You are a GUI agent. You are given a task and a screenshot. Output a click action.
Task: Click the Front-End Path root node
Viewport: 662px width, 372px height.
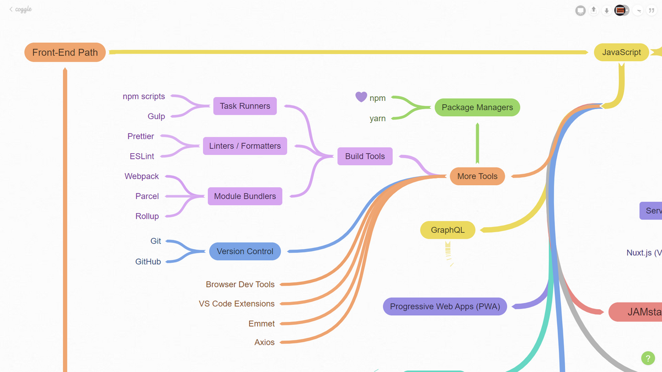pos(65,52)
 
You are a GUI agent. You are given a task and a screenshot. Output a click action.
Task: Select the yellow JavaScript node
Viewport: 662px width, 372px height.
pos(621,52)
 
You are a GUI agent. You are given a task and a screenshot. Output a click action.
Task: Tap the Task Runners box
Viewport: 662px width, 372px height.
pos(245,106)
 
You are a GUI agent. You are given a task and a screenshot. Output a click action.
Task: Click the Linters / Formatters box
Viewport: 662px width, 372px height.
pos(245,146)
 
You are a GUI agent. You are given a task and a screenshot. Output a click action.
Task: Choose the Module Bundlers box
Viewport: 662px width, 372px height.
pos(245,196)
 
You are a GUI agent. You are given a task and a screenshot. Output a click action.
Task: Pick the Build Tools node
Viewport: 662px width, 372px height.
pos(365,156)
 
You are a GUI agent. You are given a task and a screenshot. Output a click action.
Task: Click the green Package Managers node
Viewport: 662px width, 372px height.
pos(477,107)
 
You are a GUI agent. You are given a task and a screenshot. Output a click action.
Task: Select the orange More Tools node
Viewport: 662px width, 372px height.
pos(477,176)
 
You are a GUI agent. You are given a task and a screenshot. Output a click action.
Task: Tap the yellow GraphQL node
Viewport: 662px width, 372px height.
pos(447,230)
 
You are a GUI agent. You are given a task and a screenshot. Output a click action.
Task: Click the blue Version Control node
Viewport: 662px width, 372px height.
pos(245,251)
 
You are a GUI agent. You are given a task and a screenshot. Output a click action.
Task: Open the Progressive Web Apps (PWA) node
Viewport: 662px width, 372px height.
pos(445,306)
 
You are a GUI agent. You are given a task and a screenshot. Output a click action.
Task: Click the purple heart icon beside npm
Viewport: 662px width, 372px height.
pos(361,97)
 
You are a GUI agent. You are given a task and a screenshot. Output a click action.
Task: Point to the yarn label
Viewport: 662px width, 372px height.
pos(377,118)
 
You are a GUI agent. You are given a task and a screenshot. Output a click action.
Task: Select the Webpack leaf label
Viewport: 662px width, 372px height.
pos(142,176)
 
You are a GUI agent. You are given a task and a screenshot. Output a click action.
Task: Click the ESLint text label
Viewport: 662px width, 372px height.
pos(142,157)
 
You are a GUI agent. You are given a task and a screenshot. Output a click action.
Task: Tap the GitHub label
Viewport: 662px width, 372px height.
pos(148,262)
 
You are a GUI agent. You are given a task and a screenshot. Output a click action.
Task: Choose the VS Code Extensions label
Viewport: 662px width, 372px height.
pos(237,304)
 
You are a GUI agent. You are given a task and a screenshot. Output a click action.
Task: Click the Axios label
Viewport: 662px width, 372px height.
pos(264,342)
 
